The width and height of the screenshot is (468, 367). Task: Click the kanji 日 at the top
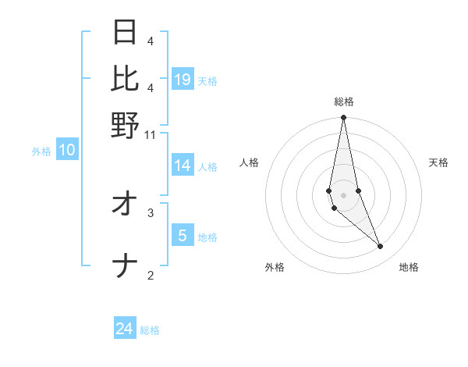coord(126,32)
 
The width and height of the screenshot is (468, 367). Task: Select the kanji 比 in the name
coord(126,78)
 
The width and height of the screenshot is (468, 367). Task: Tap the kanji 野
coord(126,125)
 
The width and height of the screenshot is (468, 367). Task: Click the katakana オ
coord(126,205)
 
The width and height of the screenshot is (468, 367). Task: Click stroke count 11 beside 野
coord(151,134)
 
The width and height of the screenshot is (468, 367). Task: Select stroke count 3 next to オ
coord(151,212)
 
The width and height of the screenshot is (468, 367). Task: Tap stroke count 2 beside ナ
coord(151,274)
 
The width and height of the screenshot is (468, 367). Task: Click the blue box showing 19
coord(183,79)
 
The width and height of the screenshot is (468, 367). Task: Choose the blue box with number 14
coord(183,166)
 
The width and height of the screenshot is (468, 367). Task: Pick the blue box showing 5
coord(183,235)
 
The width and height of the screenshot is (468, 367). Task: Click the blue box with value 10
coord(67,151)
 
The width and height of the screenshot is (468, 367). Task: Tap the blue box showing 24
coord(125,330)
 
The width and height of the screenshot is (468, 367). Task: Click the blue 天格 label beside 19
coord(207,80)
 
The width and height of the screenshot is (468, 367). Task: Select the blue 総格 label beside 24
coord(150,331)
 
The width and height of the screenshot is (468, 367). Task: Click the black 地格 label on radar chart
coord(409,268)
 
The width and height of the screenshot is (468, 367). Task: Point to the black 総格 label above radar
coord(343,102)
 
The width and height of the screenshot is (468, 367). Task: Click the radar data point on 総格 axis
coord(343,118)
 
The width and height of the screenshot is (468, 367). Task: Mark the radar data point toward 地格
coord(381,247)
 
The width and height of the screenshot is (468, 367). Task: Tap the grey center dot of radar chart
coord(343,194)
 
